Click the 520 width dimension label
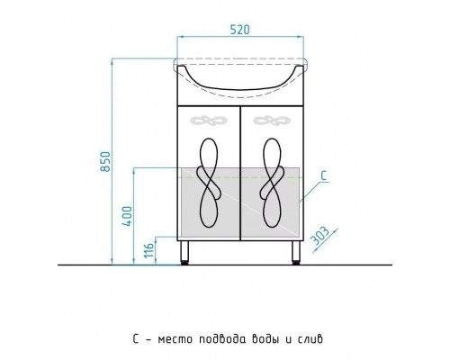(239, 30)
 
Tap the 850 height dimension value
(105, 162)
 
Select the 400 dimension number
(127, 216)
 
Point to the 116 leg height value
(148, 250)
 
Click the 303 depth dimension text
(319, 235)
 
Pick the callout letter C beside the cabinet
(324, 175)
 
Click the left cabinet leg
(184, 252)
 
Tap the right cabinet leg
(296, 252)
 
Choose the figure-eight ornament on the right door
(273, 183)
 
